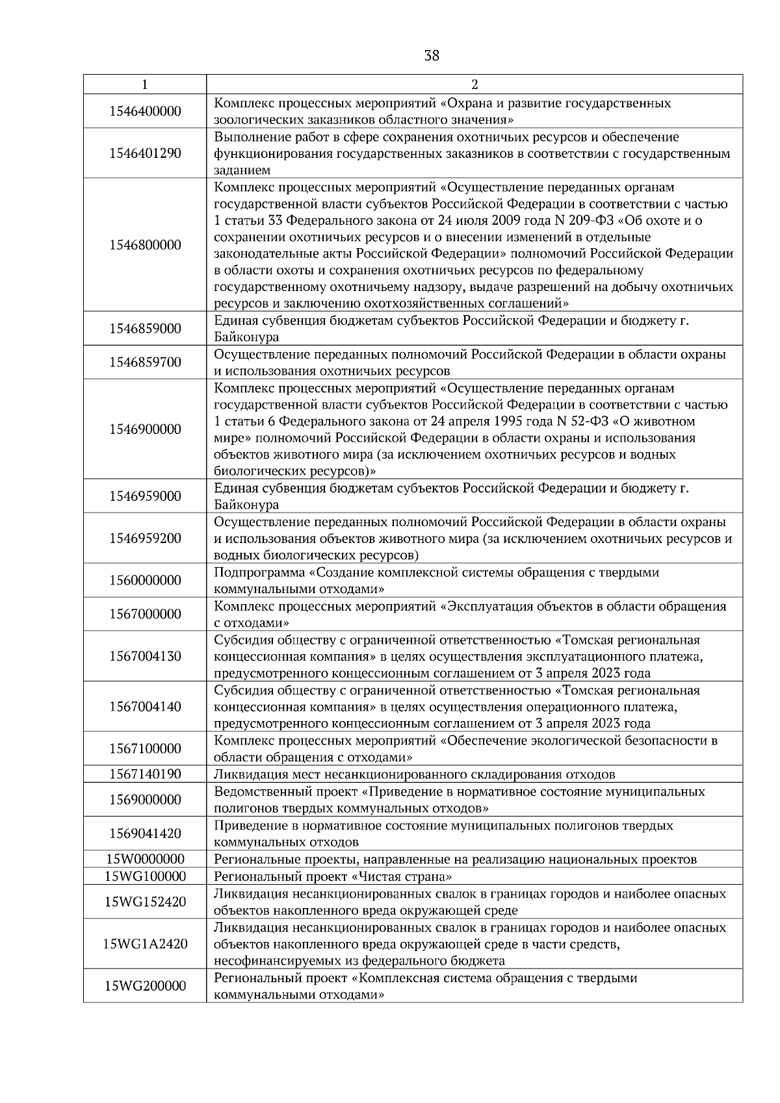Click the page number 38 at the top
(432, 56)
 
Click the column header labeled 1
(144, 84)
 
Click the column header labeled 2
(474, 84)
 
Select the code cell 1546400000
(145, 111)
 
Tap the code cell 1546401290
(145, 153)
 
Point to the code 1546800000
(145, 245)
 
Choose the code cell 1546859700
(145, 362)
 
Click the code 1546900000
(145, 429)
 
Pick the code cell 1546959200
(145, 539)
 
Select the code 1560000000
(145, 580)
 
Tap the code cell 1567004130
(145, 656)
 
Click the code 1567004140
(145, 707)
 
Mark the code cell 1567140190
(145, 774)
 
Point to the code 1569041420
(145, 833)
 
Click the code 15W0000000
(145, 859)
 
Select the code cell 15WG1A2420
(145, 944)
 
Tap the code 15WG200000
(145, 986)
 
